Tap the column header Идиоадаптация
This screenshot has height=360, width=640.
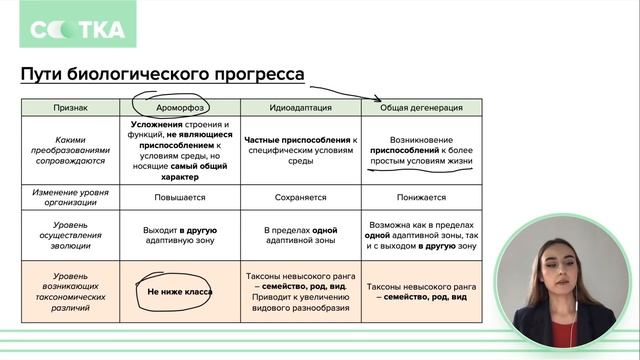(x=301, y=106)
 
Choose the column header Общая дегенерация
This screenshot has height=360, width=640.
(x=421, y=106)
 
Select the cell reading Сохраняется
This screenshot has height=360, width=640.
(x=301, y=197)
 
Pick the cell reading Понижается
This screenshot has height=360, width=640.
(x=421, y=197)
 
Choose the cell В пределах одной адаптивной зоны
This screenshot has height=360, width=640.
(x=301, y=235)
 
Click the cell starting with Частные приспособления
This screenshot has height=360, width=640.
(x=301, y=149)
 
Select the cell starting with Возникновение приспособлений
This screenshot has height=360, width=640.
(x=421, y=149)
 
